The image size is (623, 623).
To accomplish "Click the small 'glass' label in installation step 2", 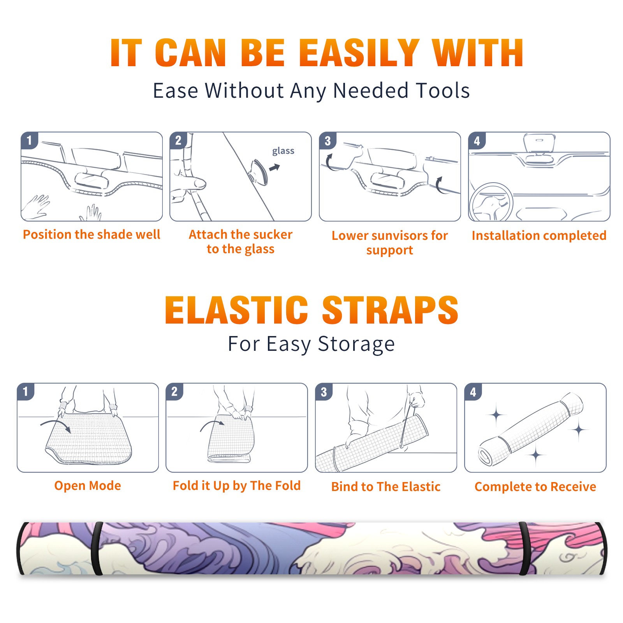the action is tap(283, 151).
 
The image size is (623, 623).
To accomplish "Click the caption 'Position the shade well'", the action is tap(92, 234).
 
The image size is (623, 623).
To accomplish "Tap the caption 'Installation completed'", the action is tap(539, 236).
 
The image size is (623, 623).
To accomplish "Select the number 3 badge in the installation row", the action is tap(327, 141).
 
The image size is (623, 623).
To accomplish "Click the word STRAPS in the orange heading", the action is tap(390, 310).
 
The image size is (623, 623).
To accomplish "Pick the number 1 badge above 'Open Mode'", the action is tap(26, 392).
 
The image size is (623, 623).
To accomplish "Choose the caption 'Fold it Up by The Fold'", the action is tap(237, 486).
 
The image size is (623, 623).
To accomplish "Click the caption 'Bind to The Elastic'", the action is tap(386, 487).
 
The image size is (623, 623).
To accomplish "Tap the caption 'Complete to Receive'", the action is tap(535, 487).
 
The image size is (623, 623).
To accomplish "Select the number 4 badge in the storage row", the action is tap(473, 392).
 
